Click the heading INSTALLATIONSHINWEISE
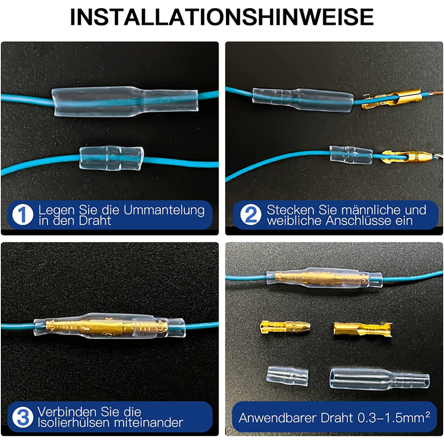coord(222,17)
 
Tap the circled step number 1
coord(23,215)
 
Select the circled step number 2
coord(251,215)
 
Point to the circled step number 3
coord(23,417)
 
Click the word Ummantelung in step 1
coord(164,210)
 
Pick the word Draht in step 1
coord(95,221)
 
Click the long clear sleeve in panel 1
coord(124,101)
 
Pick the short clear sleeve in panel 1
coord(111,158)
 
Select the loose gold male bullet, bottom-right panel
coord(285,327)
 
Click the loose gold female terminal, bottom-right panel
coord(363,330)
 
